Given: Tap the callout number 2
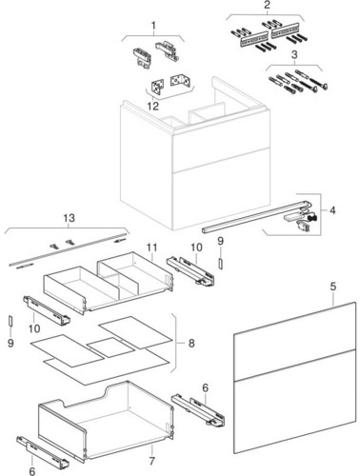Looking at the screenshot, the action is pos(267,5).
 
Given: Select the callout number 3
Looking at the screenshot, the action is pos(294,54).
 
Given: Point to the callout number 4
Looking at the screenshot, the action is pos(332,210).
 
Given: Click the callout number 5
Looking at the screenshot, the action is pos(332,287).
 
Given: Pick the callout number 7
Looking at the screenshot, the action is pos(151,461).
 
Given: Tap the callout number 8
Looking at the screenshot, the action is pos(191,343).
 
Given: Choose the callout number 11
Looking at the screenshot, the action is pos(151,248).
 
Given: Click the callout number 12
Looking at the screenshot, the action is pos(153,106).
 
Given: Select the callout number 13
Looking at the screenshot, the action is pos(70,218).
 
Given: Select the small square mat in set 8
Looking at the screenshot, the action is pos(110,347).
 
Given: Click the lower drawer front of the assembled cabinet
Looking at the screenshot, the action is pos(221,193).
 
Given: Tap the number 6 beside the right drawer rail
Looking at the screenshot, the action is pos(205,387).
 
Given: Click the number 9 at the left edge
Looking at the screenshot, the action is pos(10,343).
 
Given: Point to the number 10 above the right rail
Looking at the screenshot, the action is pos(196,248).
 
